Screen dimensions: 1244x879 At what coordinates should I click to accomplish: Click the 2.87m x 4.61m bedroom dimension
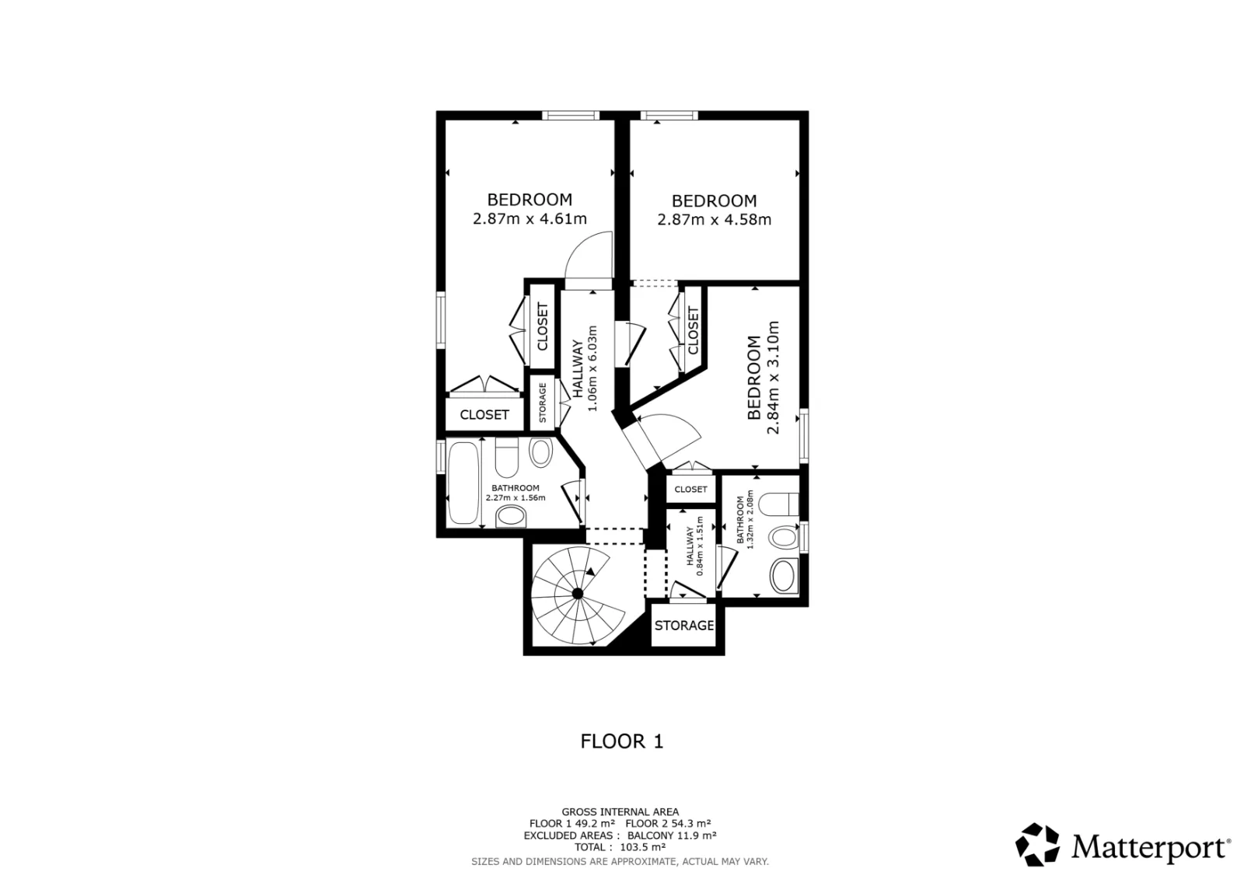coord(529,218)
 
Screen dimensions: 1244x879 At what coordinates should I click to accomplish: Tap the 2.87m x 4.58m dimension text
coord(715,220)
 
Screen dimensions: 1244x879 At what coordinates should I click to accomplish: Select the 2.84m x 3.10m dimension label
coord(773,378)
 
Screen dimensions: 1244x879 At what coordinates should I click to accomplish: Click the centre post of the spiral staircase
coord(578,594)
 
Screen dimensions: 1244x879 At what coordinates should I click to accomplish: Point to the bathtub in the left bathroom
coord(463,483)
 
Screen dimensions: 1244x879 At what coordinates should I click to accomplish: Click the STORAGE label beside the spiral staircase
coord(683,626)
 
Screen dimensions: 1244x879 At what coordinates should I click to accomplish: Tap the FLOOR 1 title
coord(622,742)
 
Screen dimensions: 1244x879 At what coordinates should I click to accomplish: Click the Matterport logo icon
coord(1037,845)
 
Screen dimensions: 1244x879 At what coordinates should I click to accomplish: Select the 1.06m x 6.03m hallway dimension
coord(592,368)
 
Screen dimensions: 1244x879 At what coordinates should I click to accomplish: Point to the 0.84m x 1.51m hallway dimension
coord(700,546)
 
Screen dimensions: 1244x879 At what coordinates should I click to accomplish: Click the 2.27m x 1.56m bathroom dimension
coord(515,498)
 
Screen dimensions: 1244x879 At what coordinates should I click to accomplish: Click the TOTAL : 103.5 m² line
coord(620,847)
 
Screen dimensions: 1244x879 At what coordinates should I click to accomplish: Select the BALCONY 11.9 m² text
coord(672,835)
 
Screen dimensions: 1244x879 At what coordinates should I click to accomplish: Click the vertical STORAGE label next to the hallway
coord(543,403)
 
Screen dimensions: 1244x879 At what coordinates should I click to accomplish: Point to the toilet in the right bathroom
coord(778,504)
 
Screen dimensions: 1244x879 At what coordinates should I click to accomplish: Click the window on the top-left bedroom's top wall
coord(571,116)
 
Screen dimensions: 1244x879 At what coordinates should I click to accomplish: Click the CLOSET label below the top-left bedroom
coord(484,415)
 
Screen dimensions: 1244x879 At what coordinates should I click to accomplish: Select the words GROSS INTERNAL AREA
coord(620,812)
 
